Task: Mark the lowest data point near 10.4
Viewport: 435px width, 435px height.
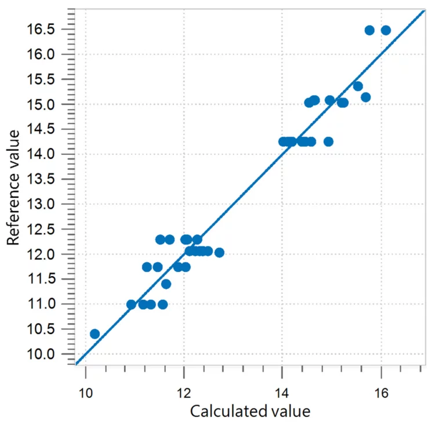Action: [x=95, y=334]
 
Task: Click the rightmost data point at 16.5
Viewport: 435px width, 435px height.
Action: [x=386, y=30]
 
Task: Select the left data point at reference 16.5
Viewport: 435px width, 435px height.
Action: [x=369, y=30]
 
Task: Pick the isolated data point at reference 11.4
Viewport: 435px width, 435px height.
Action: [x=166, y=284]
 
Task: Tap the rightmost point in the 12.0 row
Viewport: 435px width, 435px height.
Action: [x=219, y=252]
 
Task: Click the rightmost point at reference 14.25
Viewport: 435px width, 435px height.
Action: [x=328, y=142]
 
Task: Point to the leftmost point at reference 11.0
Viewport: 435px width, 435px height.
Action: [x=131, y=304]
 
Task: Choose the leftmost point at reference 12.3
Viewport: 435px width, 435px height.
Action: [x=160, y=240]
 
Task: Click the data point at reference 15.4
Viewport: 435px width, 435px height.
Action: [x=358, y=86]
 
